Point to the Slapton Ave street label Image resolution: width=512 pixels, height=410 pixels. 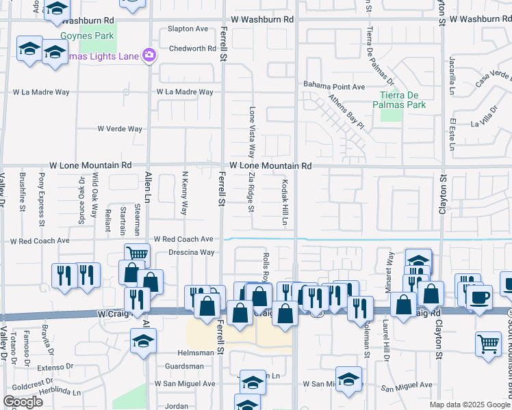(x=189, y=29)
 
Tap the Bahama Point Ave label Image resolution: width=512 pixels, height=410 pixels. (x=335, y=87)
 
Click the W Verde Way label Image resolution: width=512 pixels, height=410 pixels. (x=119, y=128)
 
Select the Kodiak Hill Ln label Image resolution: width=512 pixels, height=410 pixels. (x=283, y=202)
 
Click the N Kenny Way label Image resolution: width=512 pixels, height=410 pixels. (x=184, y=199)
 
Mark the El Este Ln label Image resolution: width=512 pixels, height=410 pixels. (x=452, y=130)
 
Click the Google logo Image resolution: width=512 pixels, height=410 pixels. (x=22, y=402)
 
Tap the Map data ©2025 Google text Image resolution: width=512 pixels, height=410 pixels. (x=468, y=405)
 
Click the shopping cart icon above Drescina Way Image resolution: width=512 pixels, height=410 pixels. (x=137, y=254)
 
